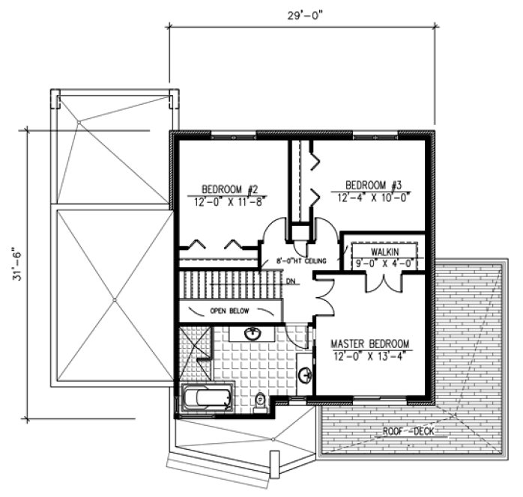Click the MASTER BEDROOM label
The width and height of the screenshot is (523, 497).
370,344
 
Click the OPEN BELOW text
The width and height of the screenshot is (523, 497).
229,311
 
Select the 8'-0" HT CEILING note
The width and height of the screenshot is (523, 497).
298,260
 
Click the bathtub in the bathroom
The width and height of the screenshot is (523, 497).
207,397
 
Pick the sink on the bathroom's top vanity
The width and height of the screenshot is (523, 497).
253,333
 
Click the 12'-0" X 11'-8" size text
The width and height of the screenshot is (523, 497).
227,200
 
